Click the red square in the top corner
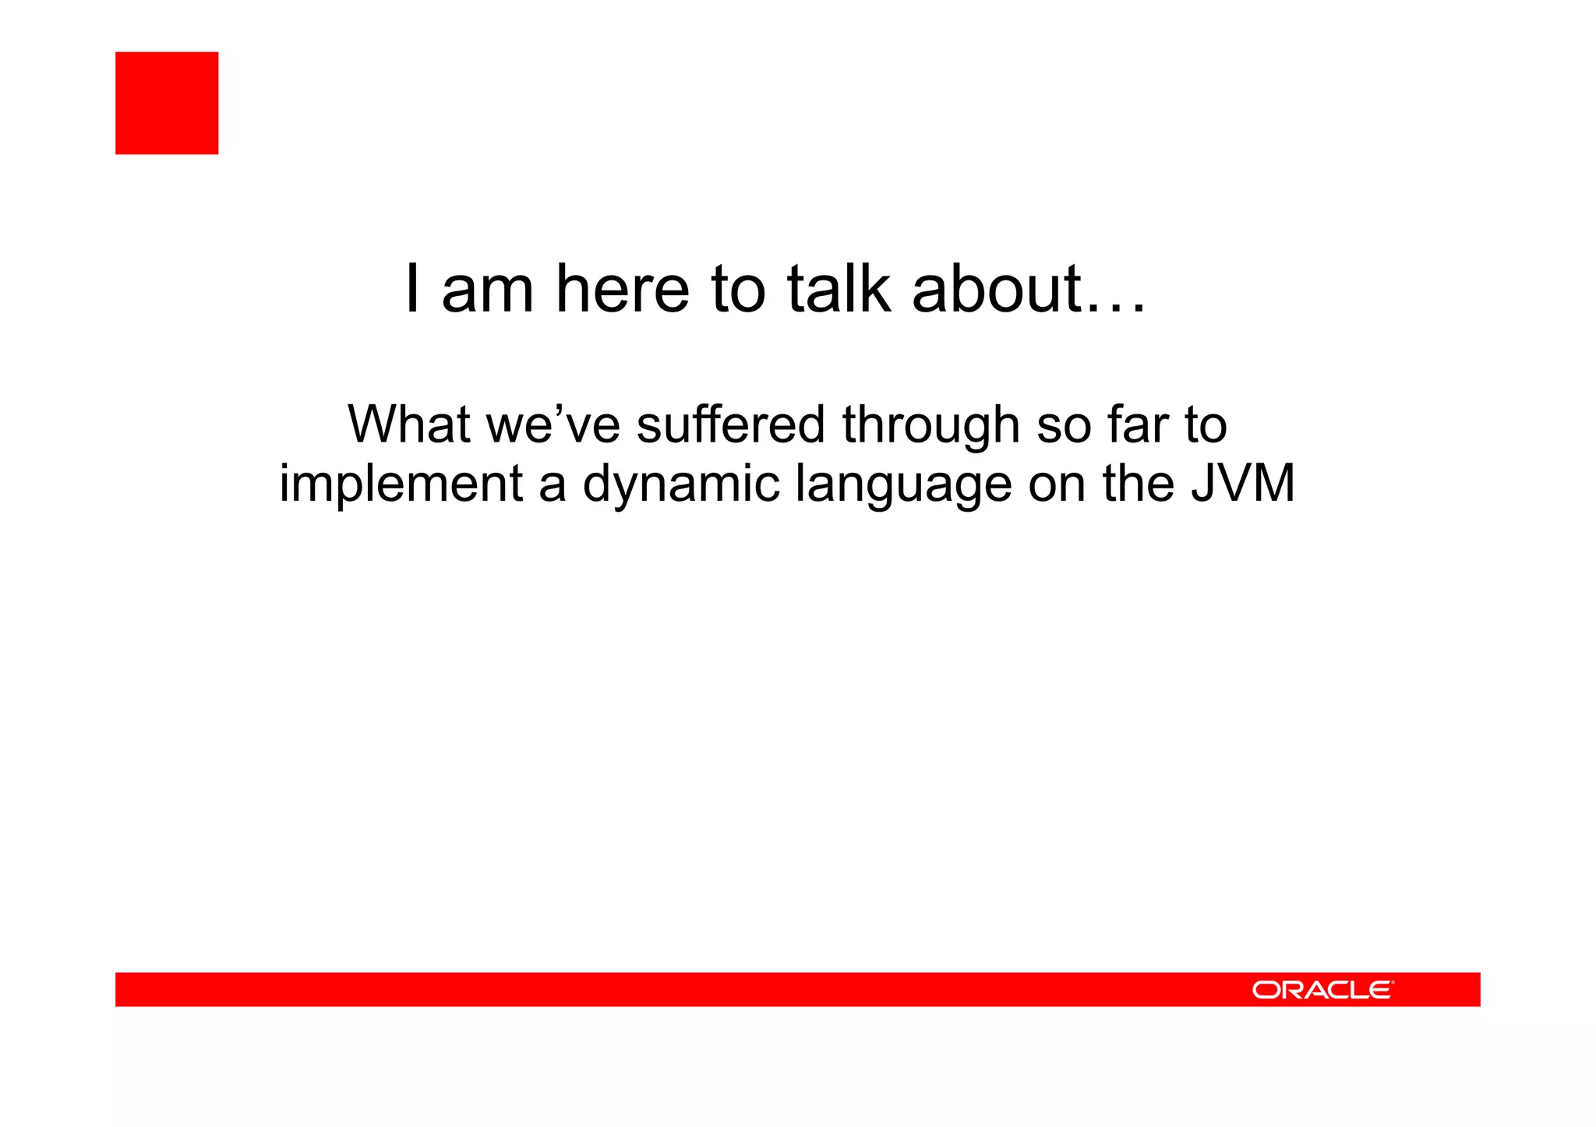point(167,103)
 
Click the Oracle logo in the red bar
point(1322,990)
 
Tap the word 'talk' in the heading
point(839,289)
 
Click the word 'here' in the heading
point(622,289)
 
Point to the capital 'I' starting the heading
point(413,289)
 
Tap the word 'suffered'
point(730,424)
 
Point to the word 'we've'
point(553,424)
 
